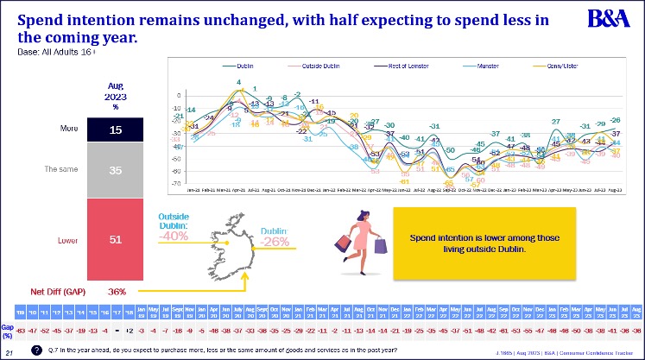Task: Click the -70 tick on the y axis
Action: click(176, 183)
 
